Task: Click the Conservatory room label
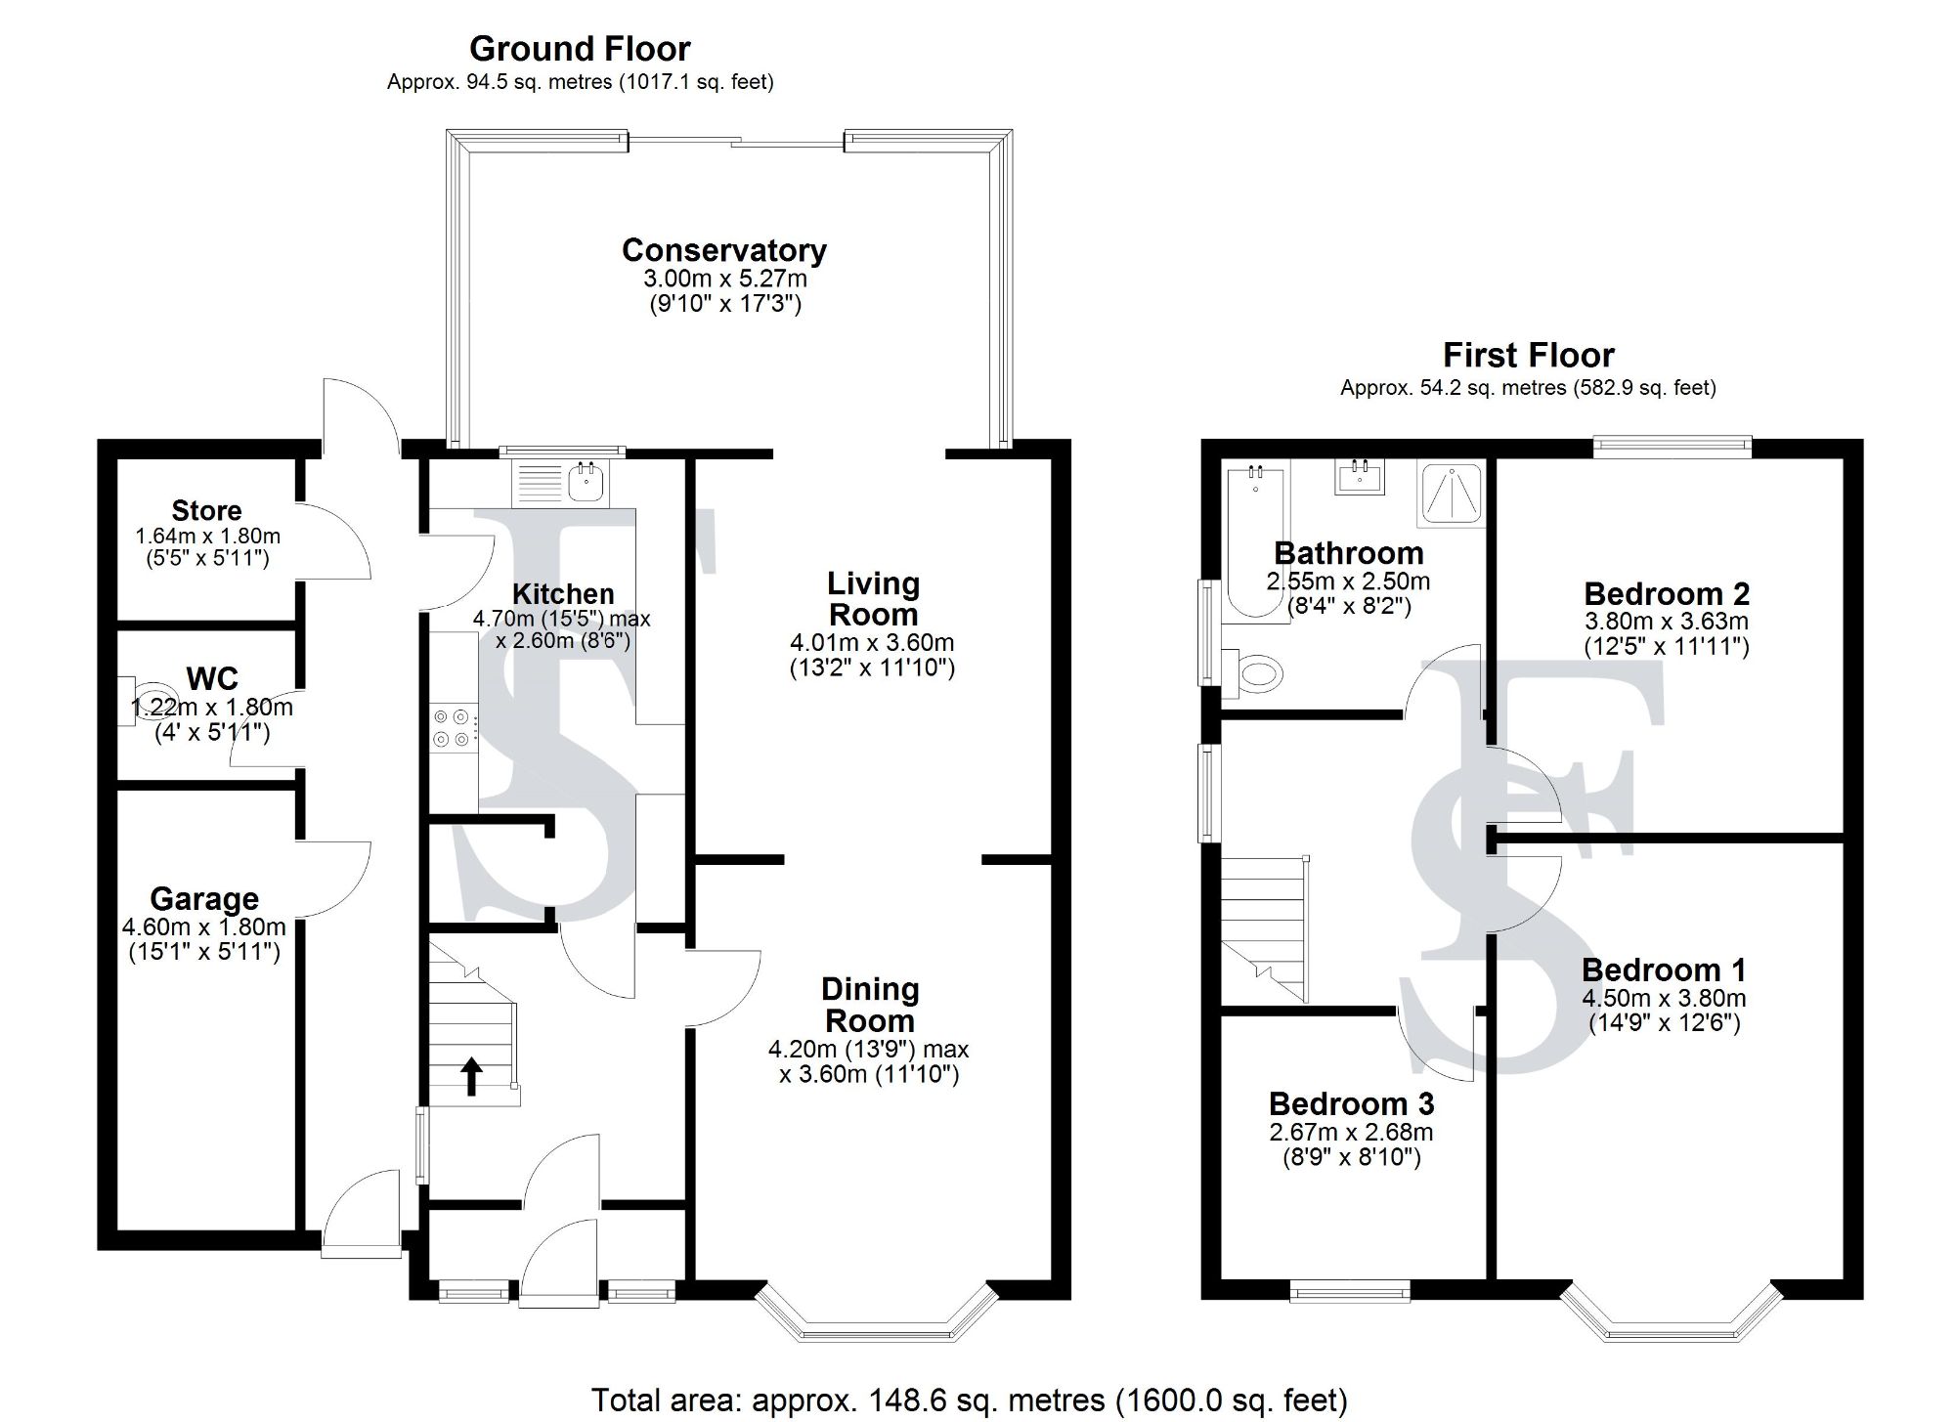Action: (724, 251)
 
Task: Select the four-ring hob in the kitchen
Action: (454, 728)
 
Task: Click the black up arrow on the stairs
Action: (471, 1076)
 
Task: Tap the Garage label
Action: (204, 899)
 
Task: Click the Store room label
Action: (206, 511)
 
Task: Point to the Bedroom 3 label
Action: (1351, 1104)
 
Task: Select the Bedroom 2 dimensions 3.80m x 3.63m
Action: (1667, 622)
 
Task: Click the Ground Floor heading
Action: (580, 49)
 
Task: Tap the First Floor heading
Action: (1528, 355)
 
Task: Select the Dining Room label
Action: (870, 1006)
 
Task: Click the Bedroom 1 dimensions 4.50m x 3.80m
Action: (1664, 999)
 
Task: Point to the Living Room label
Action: (873, 599)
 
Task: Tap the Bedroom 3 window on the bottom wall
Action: (1350, 1292)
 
